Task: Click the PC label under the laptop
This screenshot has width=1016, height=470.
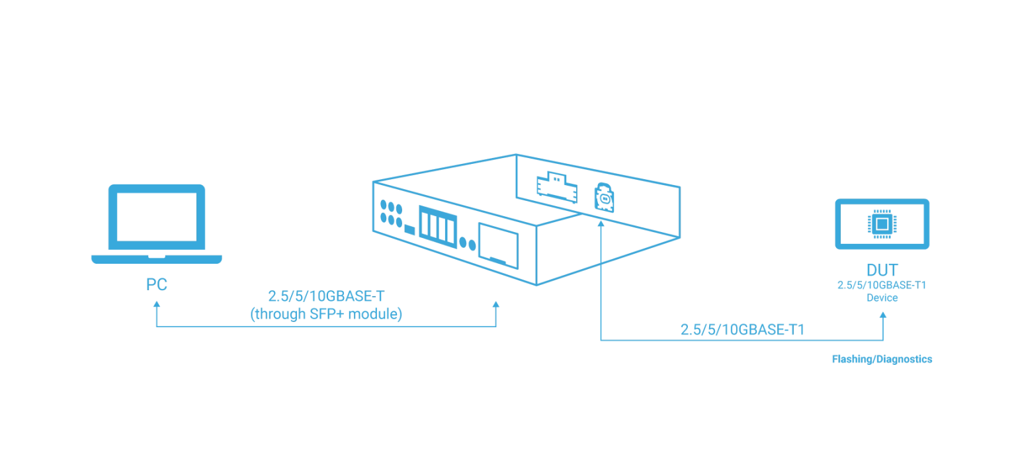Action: click(157, 286)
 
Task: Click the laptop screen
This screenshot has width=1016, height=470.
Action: click(157, 217)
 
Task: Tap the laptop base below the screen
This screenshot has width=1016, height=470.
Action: click(157, 258)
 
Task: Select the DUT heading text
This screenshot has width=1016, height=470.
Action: click(882, 271)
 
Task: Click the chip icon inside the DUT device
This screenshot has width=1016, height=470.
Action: click(882, 224)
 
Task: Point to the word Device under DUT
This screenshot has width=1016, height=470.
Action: click(882, 298)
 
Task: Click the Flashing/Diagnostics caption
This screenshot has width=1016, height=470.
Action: click(882, 359)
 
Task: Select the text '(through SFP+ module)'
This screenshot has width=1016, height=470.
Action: click(327, 315)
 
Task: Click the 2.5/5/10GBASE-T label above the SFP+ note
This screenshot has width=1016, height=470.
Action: click(327, 297)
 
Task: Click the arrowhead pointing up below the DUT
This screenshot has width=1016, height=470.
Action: click(882, 315)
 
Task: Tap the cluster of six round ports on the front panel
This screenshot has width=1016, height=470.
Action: click(391, 212)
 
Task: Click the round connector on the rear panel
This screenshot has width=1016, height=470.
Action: click(604, 198)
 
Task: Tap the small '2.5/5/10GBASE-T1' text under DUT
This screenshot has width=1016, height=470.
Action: click(882, 286)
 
